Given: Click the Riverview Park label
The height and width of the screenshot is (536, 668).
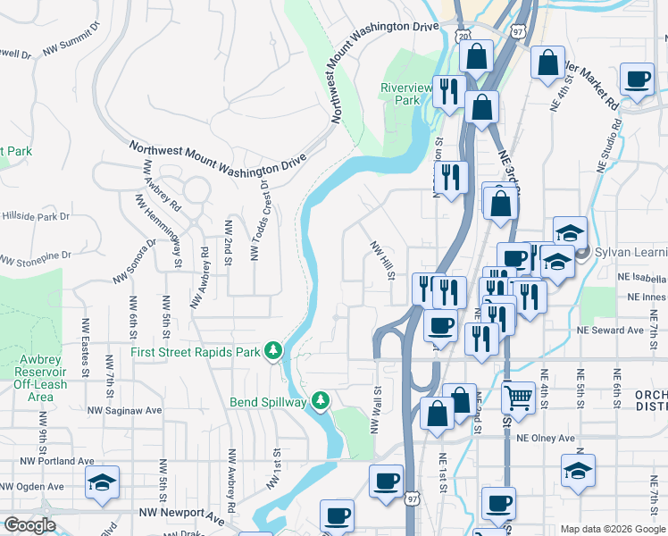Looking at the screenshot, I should pos(400,94).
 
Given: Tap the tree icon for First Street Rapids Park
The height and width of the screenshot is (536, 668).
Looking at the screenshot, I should pos(275,352).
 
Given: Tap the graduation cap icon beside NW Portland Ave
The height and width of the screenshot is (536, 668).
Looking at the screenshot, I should pos(103,482).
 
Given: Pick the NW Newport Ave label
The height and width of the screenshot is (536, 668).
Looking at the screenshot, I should pos(180,515).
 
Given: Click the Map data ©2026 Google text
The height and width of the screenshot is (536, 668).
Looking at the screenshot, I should pos(613,529).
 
